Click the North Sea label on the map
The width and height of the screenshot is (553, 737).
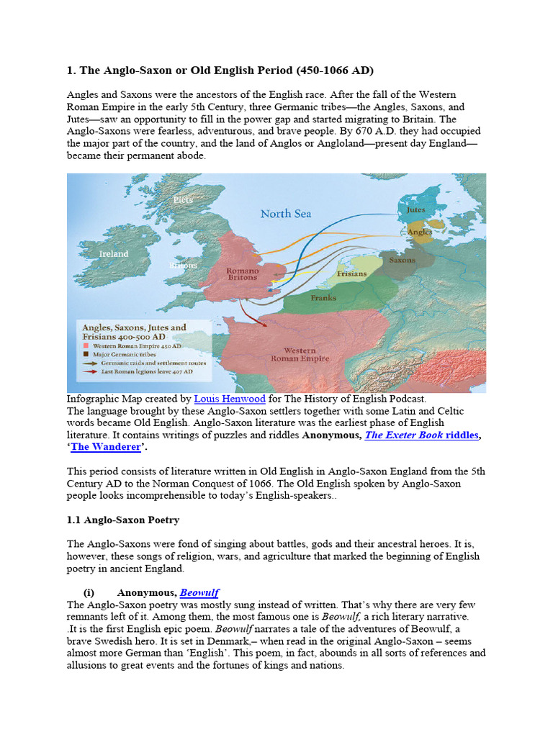point(286,213)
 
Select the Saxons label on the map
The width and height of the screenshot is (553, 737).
point(402,260)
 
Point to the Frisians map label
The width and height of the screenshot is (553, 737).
point(352,274)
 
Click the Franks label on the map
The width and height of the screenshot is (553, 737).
point(323,297)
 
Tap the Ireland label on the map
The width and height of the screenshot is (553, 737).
point(114,253)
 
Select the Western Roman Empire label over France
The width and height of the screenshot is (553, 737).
point(300,354)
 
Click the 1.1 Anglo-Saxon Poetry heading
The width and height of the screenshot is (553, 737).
point(123,519)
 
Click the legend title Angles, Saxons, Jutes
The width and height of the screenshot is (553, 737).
point(134,327)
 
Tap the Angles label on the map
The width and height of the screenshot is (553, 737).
point(419,232)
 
